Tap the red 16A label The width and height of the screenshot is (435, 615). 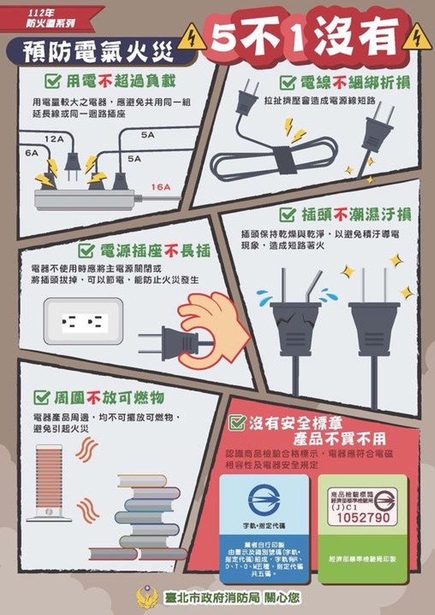[x=160, y=188]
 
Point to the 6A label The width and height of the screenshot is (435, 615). [x=32, y=153]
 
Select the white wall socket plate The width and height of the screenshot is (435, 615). [x=84, y=321]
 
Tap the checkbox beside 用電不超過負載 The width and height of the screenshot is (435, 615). [x=53, y=82]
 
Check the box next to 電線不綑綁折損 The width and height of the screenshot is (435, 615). [x=287, y=83]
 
